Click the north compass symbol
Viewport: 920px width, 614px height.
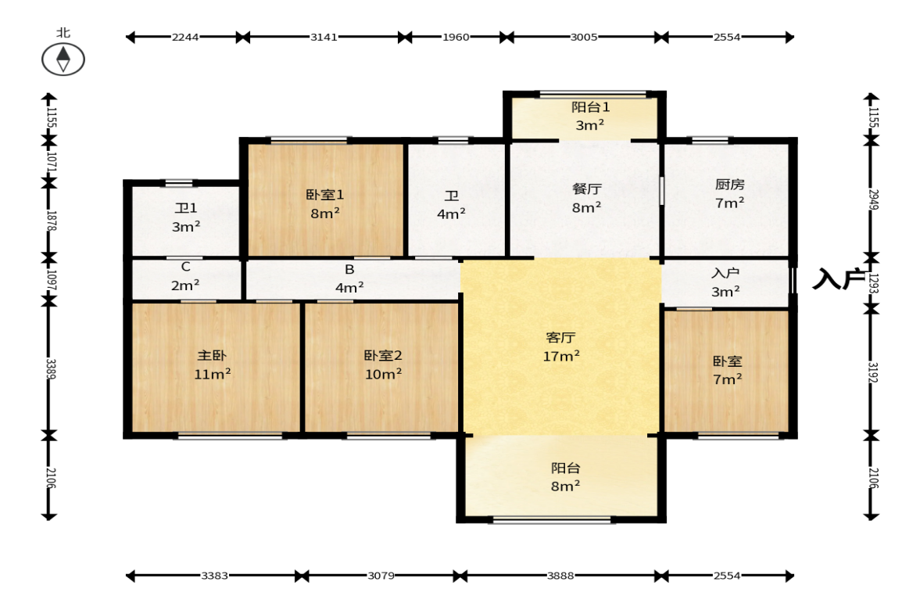pos(63,59)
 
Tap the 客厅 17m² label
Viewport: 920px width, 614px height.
pos(561,347)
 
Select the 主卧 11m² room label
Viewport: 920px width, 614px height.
pos(212,364)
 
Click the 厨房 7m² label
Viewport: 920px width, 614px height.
pos(729,194)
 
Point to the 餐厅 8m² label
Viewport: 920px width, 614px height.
pos(586,198)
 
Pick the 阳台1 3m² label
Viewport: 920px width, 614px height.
pos(590,116)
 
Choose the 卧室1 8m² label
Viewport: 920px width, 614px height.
pos(325,203)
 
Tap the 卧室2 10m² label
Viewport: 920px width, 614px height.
pos(383,364)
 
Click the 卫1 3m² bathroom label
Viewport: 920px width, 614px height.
pos(186,217)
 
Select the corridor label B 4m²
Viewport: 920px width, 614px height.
pos(349,278)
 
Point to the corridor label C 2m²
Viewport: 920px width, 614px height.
pos(185,276)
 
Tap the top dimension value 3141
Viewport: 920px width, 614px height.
pos(324,37)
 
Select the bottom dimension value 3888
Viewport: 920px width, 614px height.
pos(560,576)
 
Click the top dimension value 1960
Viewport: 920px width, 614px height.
pos(455,37)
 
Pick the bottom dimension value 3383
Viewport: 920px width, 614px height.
pos(214,576)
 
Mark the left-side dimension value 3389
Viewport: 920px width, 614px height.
pos(51,368)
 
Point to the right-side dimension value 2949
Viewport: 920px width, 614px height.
pos(874,199)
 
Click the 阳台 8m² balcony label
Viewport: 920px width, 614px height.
pos(566,476)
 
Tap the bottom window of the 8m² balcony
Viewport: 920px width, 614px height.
pos(552,519)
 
